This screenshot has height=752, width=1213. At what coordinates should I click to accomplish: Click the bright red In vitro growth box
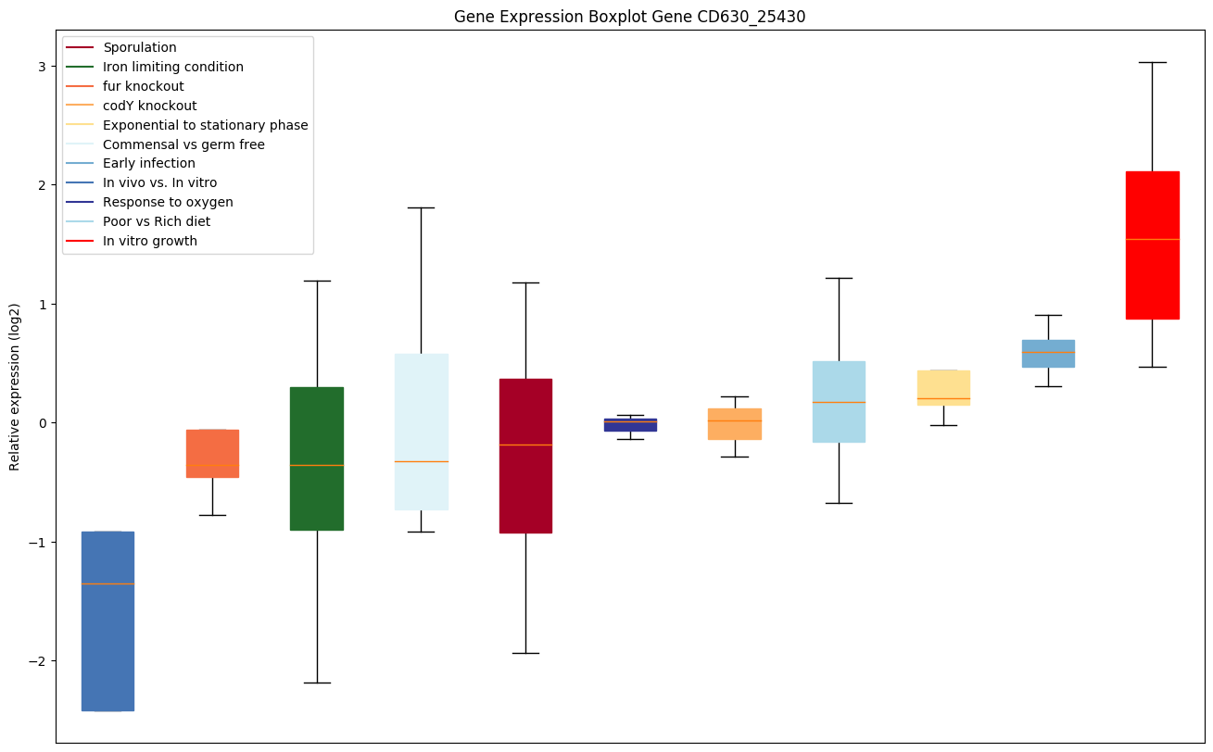point(1152,245)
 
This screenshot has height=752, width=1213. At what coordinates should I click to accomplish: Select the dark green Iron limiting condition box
point(317,458)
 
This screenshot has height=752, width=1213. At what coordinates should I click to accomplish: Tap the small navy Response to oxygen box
point(630,424)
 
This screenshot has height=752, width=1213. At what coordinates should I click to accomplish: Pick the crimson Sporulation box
point(525,456)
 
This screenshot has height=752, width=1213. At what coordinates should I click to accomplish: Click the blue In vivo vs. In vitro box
point(107,620)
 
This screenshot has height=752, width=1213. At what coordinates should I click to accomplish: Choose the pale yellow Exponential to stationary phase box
point(943,387)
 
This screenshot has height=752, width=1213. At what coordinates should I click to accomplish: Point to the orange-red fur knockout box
point(212,453)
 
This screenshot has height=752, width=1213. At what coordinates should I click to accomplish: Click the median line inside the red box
point(1152,239)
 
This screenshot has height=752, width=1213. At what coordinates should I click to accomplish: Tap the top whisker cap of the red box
point(1152,62)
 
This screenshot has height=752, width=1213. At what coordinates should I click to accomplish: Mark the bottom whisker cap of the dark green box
point(317,683)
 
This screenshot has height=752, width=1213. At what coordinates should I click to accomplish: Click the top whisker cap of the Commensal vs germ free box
point(421,207)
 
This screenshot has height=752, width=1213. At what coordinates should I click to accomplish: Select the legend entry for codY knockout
point(149,106)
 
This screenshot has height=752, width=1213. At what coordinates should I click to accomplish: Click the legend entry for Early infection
point(149,164)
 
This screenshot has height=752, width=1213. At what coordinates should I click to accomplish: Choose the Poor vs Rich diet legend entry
point(157,222)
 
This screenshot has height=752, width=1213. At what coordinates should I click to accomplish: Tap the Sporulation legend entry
point(140,47)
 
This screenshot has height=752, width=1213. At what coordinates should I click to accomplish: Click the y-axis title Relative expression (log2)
point(14,386)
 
